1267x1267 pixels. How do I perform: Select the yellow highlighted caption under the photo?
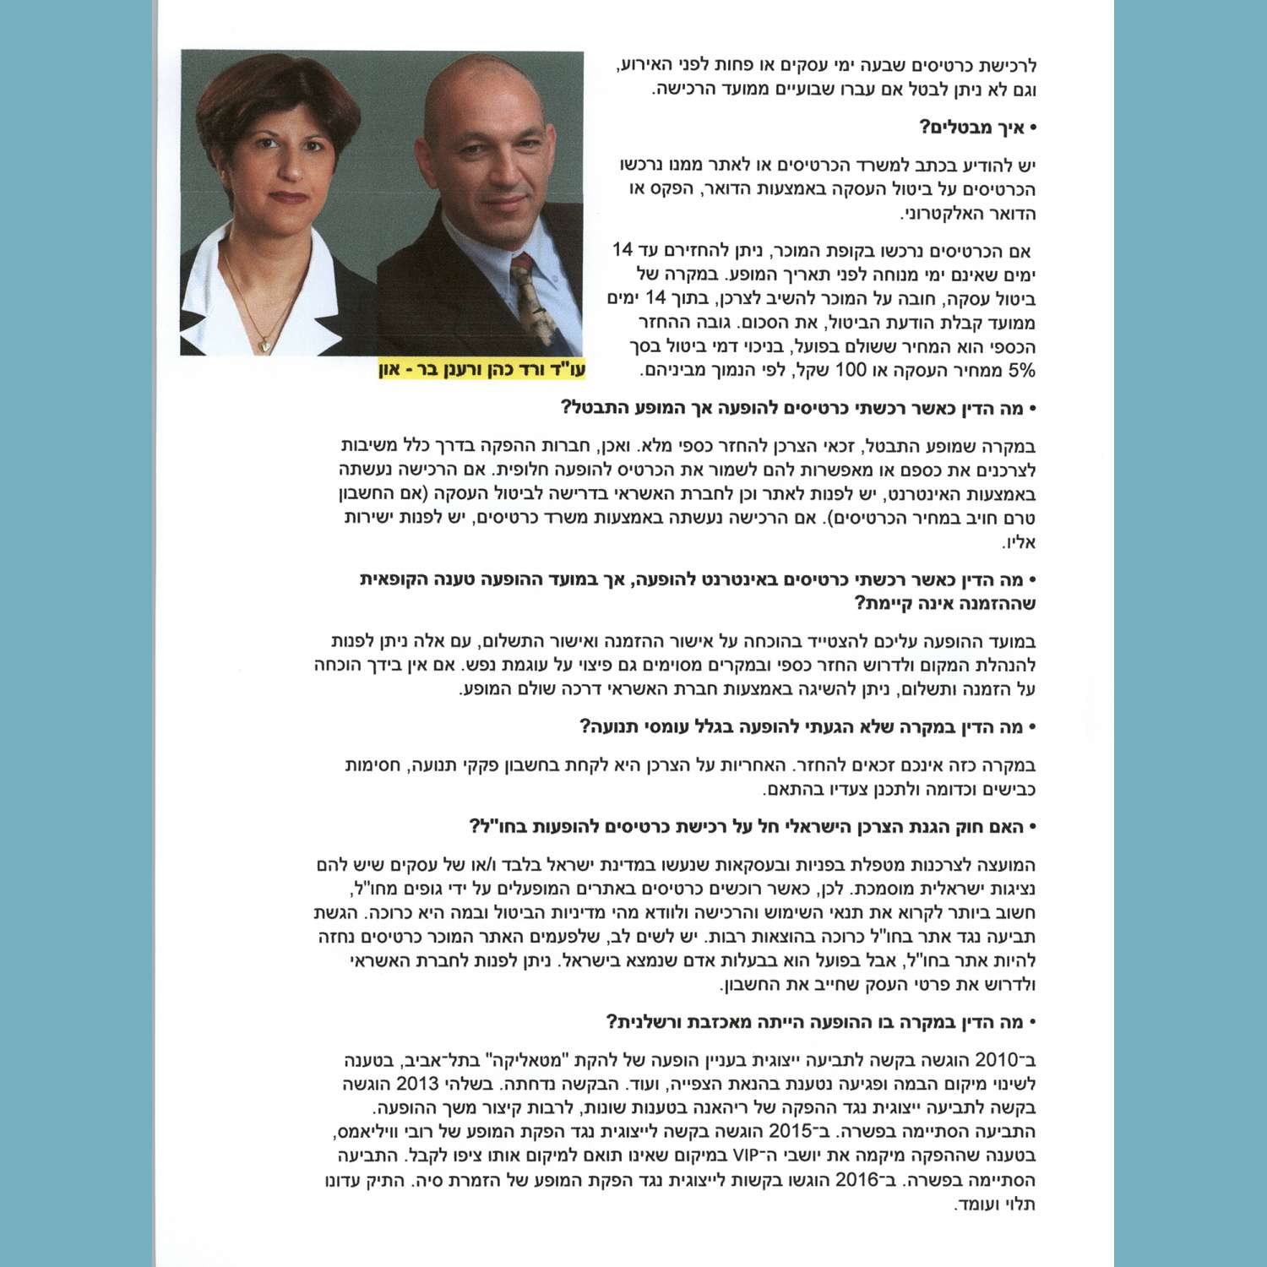pyautogui.click(x=481, y=370)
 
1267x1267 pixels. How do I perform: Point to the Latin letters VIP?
pyautogui.click(x=747, y=1156)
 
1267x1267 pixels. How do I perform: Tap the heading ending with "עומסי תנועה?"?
pyautogui.click(x=807, y=727)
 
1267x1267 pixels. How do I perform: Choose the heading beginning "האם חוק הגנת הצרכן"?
pyautogui.click(x=752, y=826)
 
